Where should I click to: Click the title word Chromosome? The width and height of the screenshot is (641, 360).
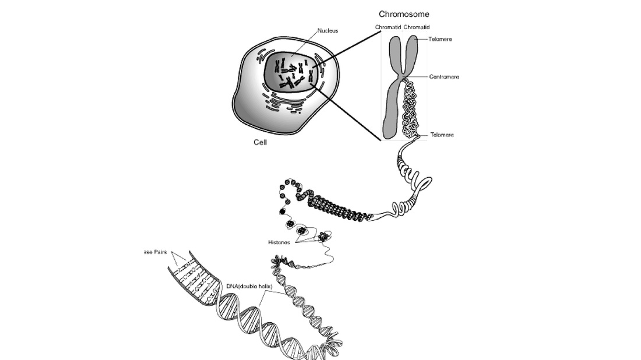(x=404, y=14)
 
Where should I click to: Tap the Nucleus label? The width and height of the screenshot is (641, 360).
(x=327, y=30)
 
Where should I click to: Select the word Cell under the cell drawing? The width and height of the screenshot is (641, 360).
(x=260, y=142)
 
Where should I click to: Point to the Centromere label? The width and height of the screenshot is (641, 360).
(x=444, y=76)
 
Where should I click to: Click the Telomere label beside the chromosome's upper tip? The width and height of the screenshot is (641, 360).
(x=441, y=39)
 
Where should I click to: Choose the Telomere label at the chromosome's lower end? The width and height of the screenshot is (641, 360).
(x=442, y=135)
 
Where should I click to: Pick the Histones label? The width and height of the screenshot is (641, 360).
(x=279, y=242)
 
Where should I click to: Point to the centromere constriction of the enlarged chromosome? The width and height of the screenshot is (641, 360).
(x=403, y=76)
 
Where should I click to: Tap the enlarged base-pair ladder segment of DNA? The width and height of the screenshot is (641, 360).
(x=195, y=280)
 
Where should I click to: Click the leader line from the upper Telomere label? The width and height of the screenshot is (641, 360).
(x=424, y=39)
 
